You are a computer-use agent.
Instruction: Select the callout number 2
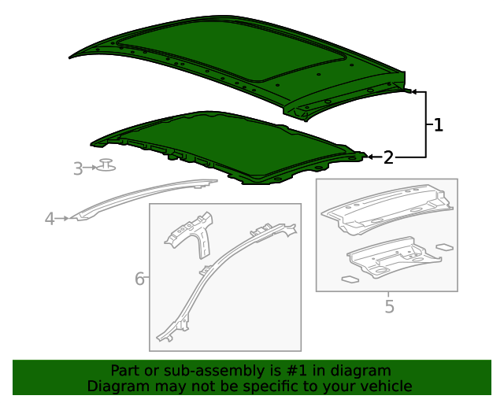(x=388, y=157)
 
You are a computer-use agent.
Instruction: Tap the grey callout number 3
(x=78, y=168)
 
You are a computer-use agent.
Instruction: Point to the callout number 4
(x=50, y=218)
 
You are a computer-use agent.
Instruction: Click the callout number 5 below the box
(x=389, y=305)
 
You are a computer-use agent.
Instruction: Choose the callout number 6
(x=139, y=278)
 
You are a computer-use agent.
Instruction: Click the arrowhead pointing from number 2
(x=370, y=157)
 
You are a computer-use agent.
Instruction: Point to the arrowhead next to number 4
(x=66, y=218)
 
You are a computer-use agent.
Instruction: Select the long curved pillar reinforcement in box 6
(x=220, y=268)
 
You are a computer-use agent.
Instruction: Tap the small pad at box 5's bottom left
(x=350, y=278)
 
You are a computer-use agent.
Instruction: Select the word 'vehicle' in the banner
(x=386, y=386)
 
